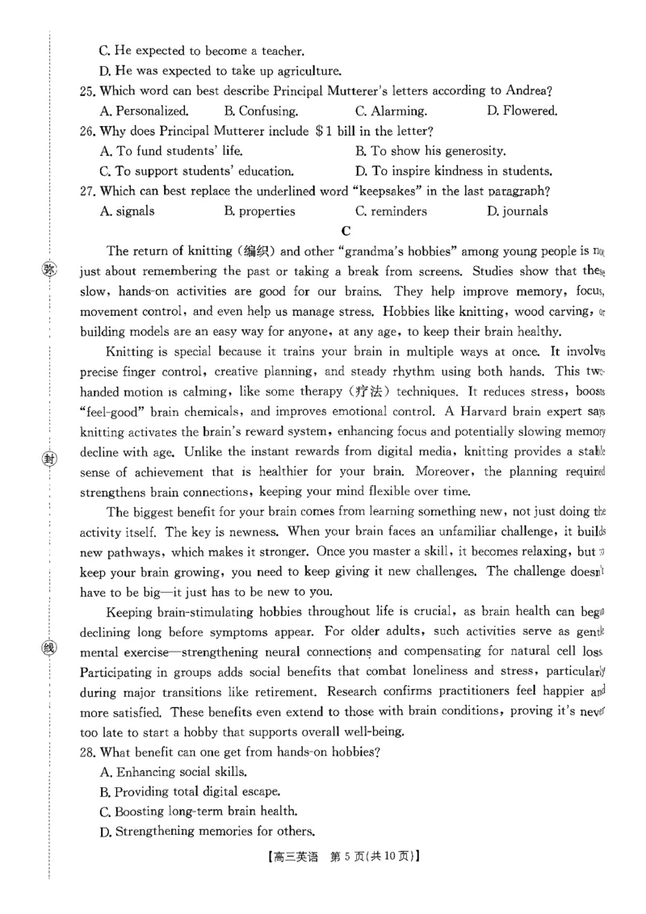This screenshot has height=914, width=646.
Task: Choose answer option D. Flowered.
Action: [x=522, y=111]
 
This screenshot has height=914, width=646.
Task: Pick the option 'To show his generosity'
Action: [x=430, y=151]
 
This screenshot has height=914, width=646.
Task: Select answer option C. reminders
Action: [x=391, y=212]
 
